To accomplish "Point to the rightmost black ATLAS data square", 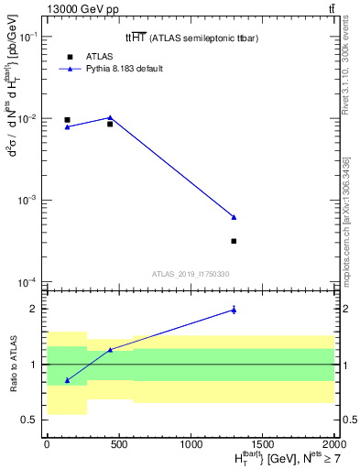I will tap(234, 241).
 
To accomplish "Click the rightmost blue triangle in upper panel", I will tap(234, 217).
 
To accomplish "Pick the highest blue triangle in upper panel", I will tap(110, 117).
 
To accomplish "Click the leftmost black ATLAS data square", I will tap(67, 120).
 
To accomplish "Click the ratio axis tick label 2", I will tap(35, 309).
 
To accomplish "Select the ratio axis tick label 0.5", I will tap(30, 420).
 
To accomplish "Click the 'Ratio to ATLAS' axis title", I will tap(13, 364).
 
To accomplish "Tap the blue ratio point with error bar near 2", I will tap(234, 310).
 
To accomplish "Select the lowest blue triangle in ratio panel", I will tap(67, 380).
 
